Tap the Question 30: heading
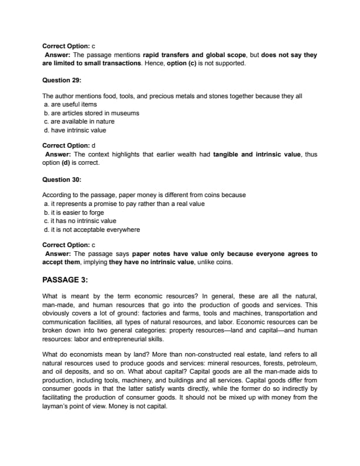(x=62, y=179)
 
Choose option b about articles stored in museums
(x=91, y=113)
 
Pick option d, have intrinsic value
(x=75, y=130)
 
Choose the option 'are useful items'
(x=70, y=104)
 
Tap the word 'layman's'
(x=56, y=406)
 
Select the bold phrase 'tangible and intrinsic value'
(x=255, y=154)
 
